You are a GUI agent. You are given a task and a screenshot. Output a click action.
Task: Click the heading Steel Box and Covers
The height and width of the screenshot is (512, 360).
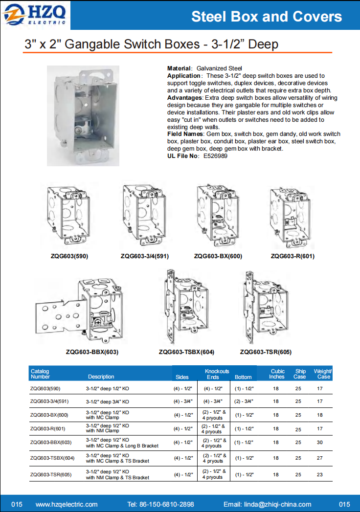coord(267,17)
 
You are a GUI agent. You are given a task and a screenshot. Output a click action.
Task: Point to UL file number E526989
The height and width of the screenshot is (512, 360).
coord(215,156)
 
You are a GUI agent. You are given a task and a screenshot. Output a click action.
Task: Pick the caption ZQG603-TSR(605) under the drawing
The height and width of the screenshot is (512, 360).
coord(266,352)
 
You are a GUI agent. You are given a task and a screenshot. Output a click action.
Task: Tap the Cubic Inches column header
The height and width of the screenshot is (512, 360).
coord(277,374)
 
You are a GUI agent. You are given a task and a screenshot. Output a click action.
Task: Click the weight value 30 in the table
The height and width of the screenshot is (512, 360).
coord(320,443)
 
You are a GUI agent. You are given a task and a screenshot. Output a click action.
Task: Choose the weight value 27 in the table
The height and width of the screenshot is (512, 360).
coord(320,458)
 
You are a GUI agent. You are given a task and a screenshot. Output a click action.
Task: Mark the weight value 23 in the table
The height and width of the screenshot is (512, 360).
coord(320,474)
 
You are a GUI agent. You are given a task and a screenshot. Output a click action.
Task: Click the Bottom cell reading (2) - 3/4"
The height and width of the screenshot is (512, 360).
coord(244,401)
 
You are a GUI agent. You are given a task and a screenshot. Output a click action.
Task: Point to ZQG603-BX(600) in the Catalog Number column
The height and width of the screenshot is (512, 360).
coord(49,415)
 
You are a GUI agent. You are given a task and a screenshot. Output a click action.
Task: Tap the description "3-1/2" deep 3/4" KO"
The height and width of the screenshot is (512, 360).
coord(108,401)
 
